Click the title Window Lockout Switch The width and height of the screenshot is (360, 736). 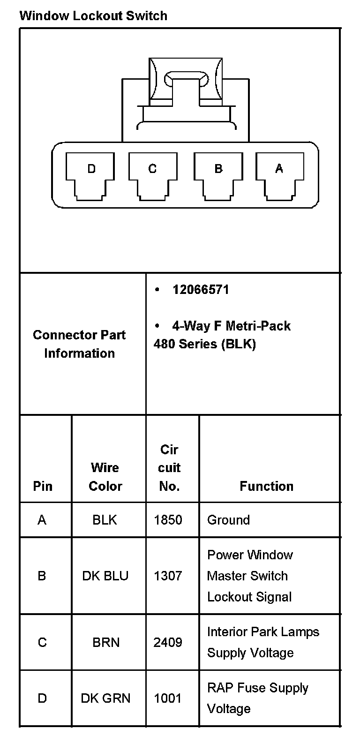tap(93, 16)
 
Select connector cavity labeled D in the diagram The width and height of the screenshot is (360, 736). tap(91, 174)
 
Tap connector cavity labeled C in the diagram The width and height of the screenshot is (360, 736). tap(152, 174)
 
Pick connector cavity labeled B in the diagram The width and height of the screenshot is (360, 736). tap(218, 174)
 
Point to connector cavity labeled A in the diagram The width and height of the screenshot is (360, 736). tap(279, 174)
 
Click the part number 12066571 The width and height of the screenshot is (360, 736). tap(201, 290)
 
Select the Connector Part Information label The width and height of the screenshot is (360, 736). tap(79, 344)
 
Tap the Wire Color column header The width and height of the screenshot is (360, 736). tap(105, 477)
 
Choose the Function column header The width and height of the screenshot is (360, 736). tap(266, 486)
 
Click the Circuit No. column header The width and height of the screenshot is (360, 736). tap(169, 468)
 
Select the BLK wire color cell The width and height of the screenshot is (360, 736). tap(105, 520)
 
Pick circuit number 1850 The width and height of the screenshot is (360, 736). tap(168, 520)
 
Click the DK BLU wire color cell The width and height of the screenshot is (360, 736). tap(105, 576)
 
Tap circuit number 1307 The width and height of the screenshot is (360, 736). tap(168, 576)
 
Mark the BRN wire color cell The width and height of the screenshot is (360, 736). tap(106, 642)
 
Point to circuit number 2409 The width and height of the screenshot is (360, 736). tap(168, 642)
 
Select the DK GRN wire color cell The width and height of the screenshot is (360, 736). tap(105, 698)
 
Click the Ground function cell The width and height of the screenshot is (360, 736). tap(228, 520)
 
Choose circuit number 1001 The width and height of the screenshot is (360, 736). tap(167, 698)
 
